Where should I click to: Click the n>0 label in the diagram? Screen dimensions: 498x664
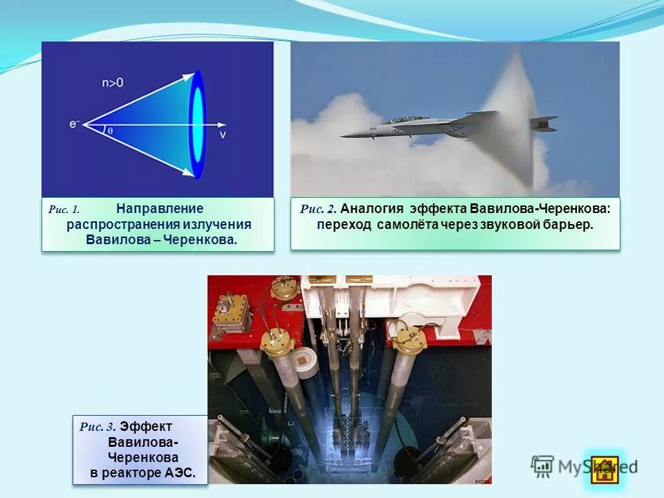tap(113, 84)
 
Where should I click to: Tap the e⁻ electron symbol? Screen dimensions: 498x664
tap(75, 124)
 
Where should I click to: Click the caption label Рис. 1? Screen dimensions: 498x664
tap(64, 209)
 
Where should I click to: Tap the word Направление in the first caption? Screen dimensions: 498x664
tap(160, 208)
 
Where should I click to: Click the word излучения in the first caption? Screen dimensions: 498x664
tap(216, 225)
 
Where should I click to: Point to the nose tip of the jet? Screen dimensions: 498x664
tap(342, 136)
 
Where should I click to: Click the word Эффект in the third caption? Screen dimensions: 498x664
tap(151, 427)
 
